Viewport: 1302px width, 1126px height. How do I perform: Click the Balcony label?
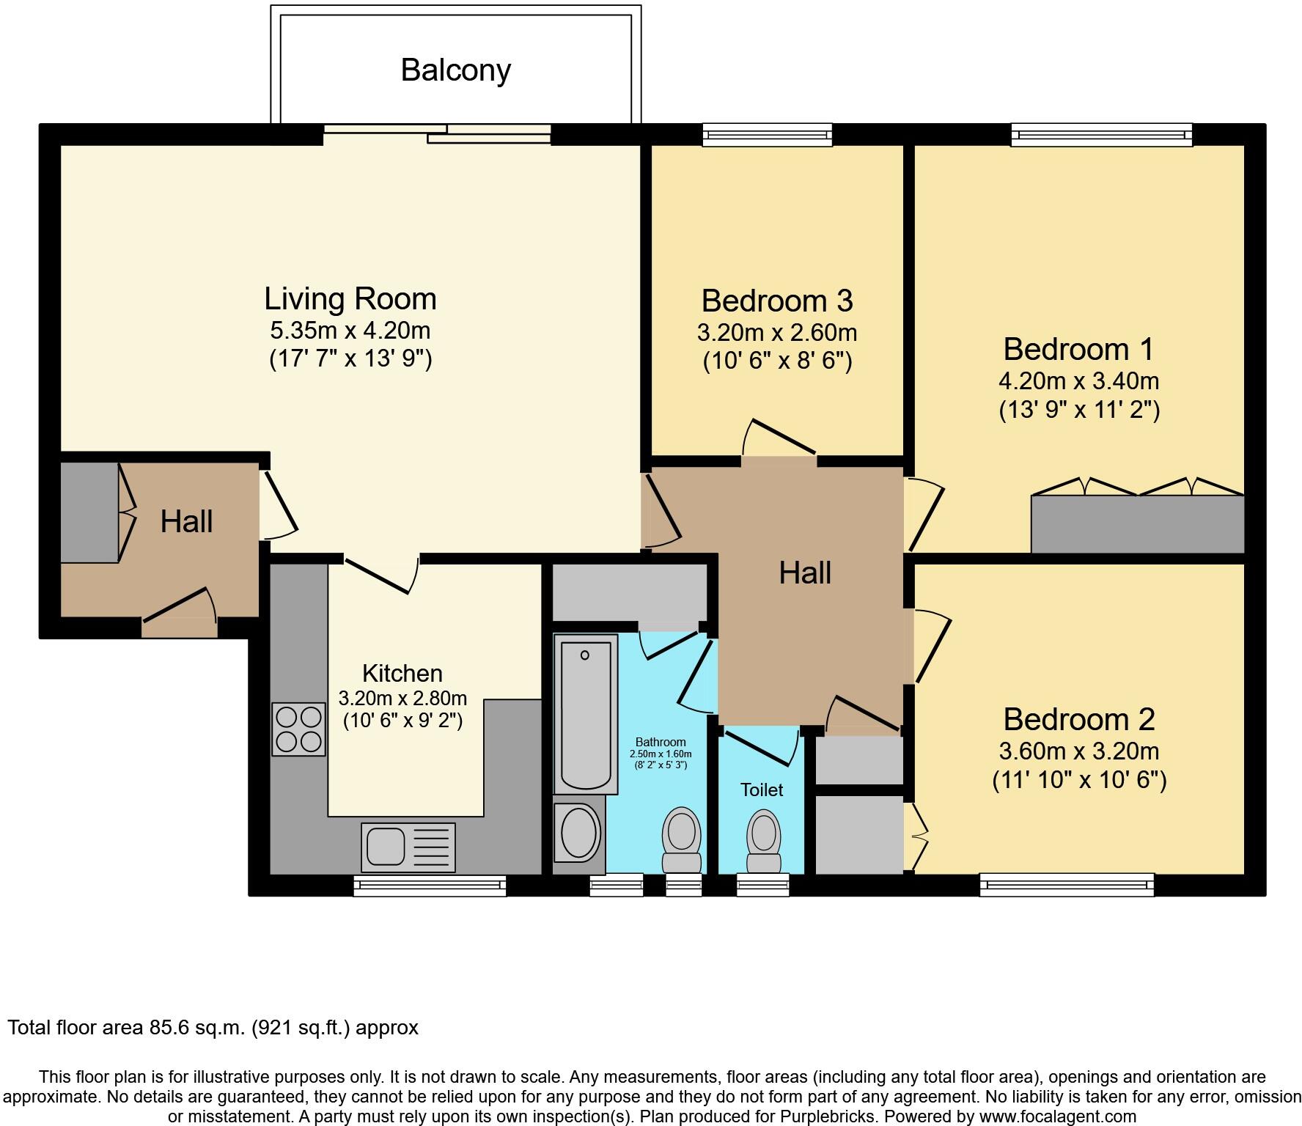click(455, 70)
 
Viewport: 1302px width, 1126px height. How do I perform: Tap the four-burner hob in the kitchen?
click(298, 729)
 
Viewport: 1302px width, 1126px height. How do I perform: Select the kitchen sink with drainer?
click(408, 847)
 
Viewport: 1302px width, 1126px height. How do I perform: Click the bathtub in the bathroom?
click(585, 714)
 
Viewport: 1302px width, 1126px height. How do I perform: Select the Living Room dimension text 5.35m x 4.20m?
click(350, 331)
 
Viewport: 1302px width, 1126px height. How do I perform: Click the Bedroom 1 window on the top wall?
click(1101, 135)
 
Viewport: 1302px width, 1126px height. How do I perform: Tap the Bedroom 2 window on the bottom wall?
click(1067, 885)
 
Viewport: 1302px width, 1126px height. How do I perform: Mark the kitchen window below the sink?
click(430, 886)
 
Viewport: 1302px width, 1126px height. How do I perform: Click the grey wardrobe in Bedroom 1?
click(1137, 524)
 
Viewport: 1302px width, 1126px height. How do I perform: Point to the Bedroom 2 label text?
click(1078, 719)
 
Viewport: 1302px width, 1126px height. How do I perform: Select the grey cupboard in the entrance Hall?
click(89, 512)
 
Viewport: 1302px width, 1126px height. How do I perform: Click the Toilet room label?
click(761, 790)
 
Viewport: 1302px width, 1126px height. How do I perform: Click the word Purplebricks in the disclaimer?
click(823, 1116)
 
